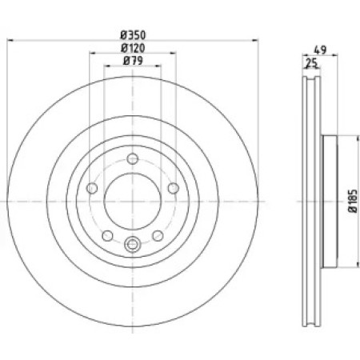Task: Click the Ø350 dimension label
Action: point(133,35)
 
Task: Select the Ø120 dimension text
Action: point(133,48)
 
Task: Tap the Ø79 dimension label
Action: point(133,61)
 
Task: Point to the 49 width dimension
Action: point(320,50)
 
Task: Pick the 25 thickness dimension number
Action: point(312,63)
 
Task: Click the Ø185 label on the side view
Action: point(353,201)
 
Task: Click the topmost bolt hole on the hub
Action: point(133,159)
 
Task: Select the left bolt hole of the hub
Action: point(92,188)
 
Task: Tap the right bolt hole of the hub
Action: point(174,188)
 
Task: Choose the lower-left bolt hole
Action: point(108,236)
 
